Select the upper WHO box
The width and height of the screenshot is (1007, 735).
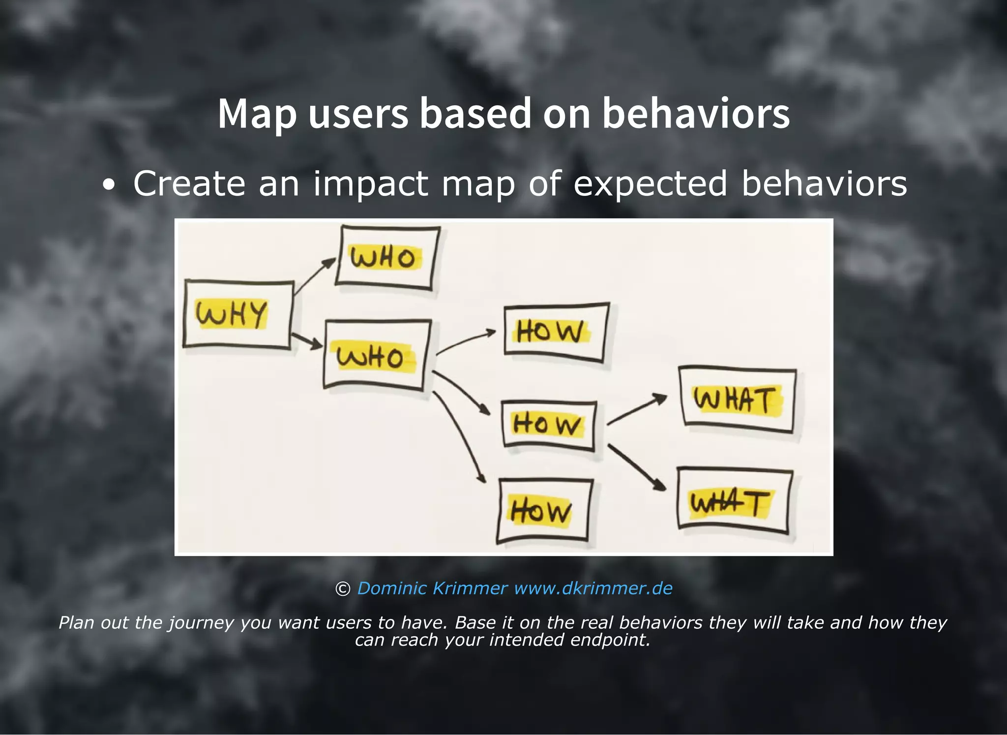pos(387,257)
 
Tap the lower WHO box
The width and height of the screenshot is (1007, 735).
pos(376,356)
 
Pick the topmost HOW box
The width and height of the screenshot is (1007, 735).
pos(556,332)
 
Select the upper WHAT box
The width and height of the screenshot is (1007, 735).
pos(737,399)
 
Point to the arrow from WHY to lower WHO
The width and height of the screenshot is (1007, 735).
pos(306,340)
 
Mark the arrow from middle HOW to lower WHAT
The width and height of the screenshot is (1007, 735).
pos(636,467)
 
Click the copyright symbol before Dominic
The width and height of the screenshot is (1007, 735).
pos(342,589)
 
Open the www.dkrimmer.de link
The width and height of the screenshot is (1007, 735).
pos(593,588)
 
